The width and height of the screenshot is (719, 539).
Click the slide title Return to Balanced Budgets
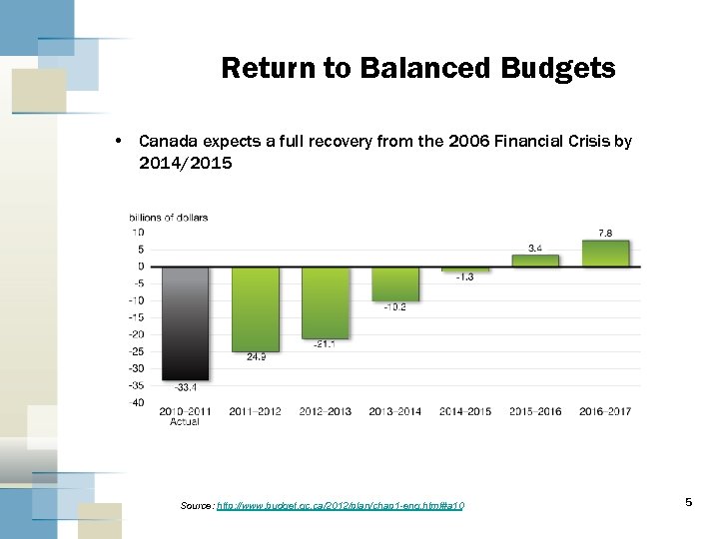tap(417, 68)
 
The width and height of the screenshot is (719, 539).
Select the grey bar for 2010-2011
tap(185, 322)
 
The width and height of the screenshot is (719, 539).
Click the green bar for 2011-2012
tap(255, 308)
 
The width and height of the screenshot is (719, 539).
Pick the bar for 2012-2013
tap(325, 302)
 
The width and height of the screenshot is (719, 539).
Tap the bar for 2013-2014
tap(394, 283)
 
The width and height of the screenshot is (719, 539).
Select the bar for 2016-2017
tap(605, 254)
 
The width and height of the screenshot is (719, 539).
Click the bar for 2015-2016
tap(535, 261)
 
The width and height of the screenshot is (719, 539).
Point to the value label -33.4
tap(185, 387)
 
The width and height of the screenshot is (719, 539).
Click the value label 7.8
tap(605, 233)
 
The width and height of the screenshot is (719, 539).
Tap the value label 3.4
tap(535, 248)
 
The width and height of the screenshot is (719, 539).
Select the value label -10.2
tap(394, 307)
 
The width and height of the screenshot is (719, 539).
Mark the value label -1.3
tap(464, 277)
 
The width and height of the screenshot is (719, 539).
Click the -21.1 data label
tap(325, 344)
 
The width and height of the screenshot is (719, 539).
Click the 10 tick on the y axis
tap(138, 232)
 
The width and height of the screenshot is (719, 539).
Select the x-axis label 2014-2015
tap(464, 411)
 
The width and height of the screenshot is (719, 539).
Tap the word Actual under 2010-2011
tap(185, 422)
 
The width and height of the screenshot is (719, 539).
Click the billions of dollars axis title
tap(168, 218)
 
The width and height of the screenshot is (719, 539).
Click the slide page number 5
tap(689, 502)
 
